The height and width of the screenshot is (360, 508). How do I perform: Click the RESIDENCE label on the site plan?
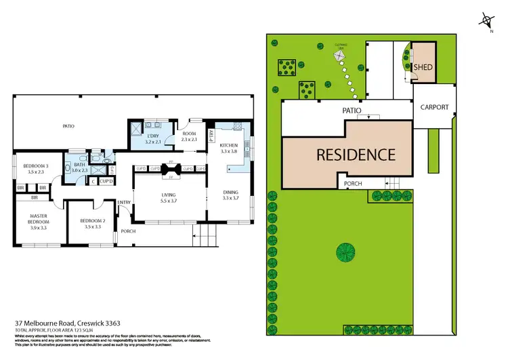[356, 155]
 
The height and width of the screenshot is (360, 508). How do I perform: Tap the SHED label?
[424, 68]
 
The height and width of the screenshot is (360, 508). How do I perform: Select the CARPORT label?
[434, 107]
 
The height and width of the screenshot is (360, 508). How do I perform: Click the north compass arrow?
[486, 19]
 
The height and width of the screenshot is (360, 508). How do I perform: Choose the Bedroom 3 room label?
[38, 166]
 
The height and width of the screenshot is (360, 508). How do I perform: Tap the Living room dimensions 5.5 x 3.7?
[166, 201]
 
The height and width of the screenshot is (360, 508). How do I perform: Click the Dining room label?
[231, 192]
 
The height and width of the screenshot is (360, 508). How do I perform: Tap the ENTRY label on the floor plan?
[124, 202]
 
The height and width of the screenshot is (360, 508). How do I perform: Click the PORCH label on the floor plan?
[128, 231]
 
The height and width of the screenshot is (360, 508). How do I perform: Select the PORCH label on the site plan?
[354, 184]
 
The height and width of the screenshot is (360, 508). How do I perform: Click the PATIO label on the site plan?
[351, 110]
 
